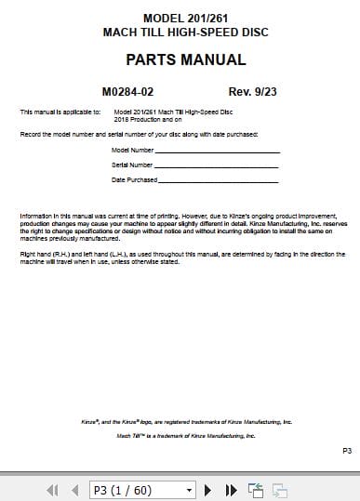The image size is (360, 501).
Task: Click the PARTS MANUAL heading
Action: coord(185,60)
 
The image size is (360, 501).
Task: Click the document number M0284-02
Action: coord(140,92)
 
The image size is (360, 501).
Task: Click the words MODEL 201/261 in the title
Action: coord(186,18)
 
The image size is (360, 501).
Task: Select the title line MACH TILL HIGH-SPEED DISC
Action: coord(186,31)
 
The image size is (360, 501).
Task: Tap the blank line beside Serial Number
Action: coord(218,165)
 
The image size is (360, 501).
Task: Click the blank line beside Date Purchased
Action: coord(218,179)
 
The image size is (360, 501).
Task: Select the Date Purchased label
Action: coord(134,178)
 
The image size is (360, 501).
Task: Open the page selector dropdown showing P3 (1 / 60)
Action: coord(141,489)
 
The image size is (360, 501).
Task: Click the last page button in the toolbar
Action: coord(231,489)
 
